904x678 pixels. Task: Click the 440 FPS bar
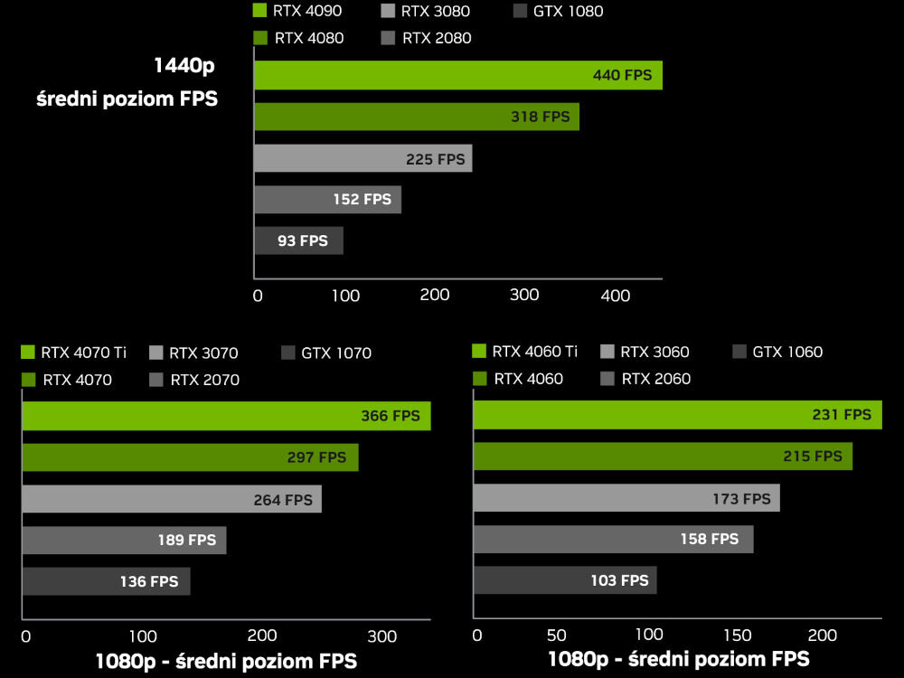(x=457, y=75)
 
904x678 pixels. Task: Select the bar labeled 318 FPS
(x=416, y=117)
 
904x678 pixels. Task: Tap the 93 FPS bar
(x=298, y=240)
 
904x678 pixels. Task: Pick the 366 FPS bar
(x=226, y=416)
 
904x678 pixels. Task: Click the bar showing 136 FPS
(x=106, y=581)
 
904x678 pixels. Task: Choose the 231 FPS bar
(x=676, y=414)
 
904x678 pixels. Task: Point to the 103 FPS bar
(x=564, y=580)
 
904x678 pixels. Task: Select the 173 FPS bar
(x=626, y=498)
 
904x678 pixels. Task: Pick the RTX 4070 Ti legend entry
(x=73, y=353)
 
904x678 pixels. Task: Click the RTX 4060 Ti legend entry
(x=525, y=352)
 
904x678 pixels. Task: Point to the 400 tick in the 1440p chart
(x=616, y=296)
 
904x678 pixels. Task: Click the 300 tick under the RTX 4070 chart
(x=383, y=636)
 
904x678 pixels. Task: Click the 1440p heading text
(x=184, y=67)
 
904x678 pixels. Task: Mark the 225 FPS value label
(x=436, y=159)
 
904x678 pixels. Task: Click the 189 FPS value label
(x=187, y=540)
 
